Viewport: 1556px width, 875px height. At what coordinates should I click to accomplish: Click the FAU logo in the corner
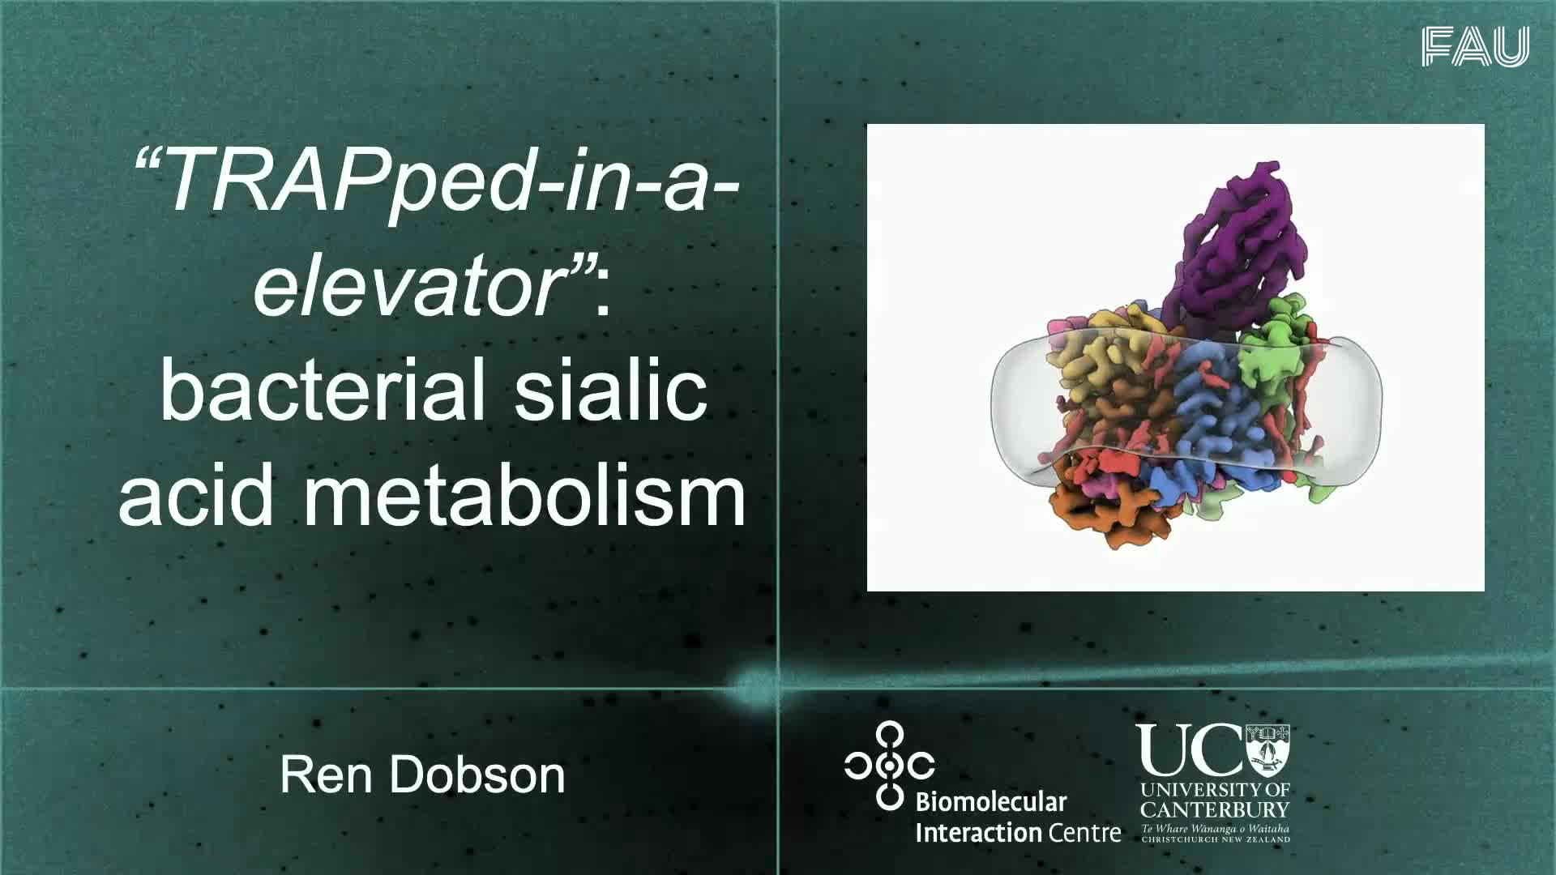pos(1475,46)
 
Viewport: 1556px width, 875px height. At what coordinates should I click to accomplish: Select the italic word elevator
pos(410,283)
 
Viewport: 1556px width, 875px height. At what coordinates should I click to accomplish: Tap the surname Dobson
pos(477,775)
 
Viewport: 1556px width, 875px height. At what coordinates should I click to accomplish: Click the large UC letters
pos(1189,750)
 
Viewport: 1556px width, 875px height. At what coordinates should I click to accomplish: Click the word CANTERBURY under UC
pos(1215,809)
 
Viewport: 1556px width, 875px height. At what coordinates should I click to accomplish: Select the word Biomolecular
pos(990,803)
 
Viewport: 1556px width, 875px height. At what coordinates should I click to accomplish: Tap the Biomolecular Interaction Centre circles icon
pos(889,765)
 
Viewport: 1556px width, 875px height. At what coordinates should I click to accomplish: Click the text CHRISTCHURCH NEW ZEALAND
pos(1216,839)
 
